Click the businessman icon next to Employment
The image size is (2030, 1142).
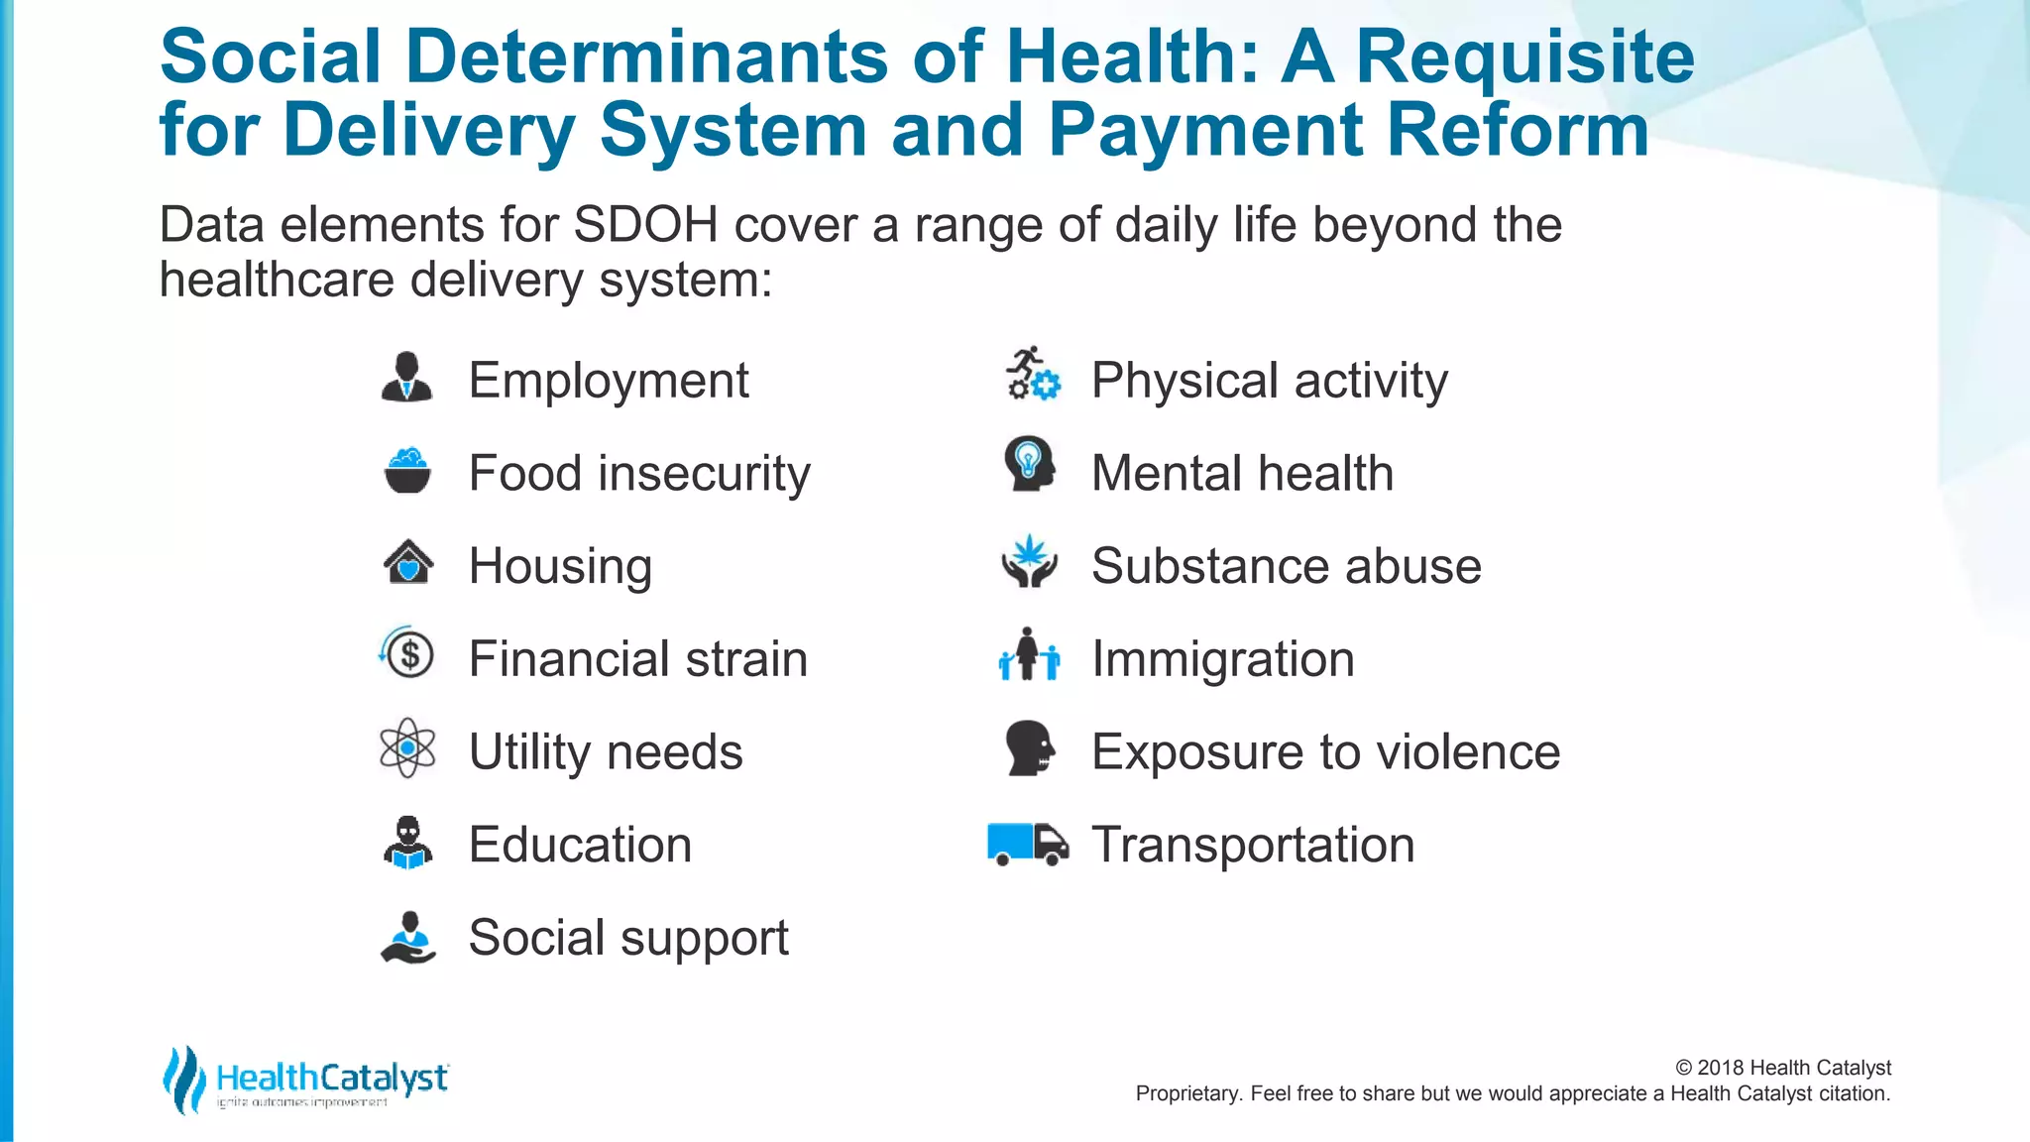[x=406, y=377]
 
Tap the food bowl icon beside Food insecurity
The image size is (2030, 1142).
[x=406, y=471]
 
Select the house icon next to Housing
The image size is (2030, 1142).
[x=407, y=563]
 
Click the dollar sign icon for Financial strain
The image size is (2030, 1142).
[x=407, y=654]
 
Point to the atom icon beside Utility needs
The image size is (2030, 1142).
[x=407, y=747]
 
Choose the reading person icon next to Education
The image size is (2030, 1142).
[x=407, y=843]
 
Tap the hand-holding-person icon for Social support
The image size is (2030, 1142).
[x=407, y=937]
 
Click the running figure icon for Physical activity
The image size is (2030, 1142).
[x=1032, y=375]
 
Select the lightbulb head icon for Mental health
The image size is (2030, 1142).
[x=1030, y=464]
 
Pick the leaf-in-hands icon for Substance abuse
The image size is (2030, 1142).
[x=1030, y=561]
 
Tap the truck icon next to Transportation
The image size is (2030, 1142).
[x=1028, y=844]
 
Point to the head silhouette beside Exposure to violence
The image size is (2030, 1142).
[x=1030, y=747]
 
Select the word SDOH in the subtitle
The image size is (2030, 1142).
[x=645, y=225]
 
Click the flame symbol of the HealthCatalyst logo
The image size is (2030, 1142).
[x=184, y=1080]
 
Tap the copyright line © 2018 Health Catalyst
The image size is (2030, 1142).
[x=1782, y=1068]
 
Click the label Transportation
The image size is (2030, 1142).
[x=1253, y=845]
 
